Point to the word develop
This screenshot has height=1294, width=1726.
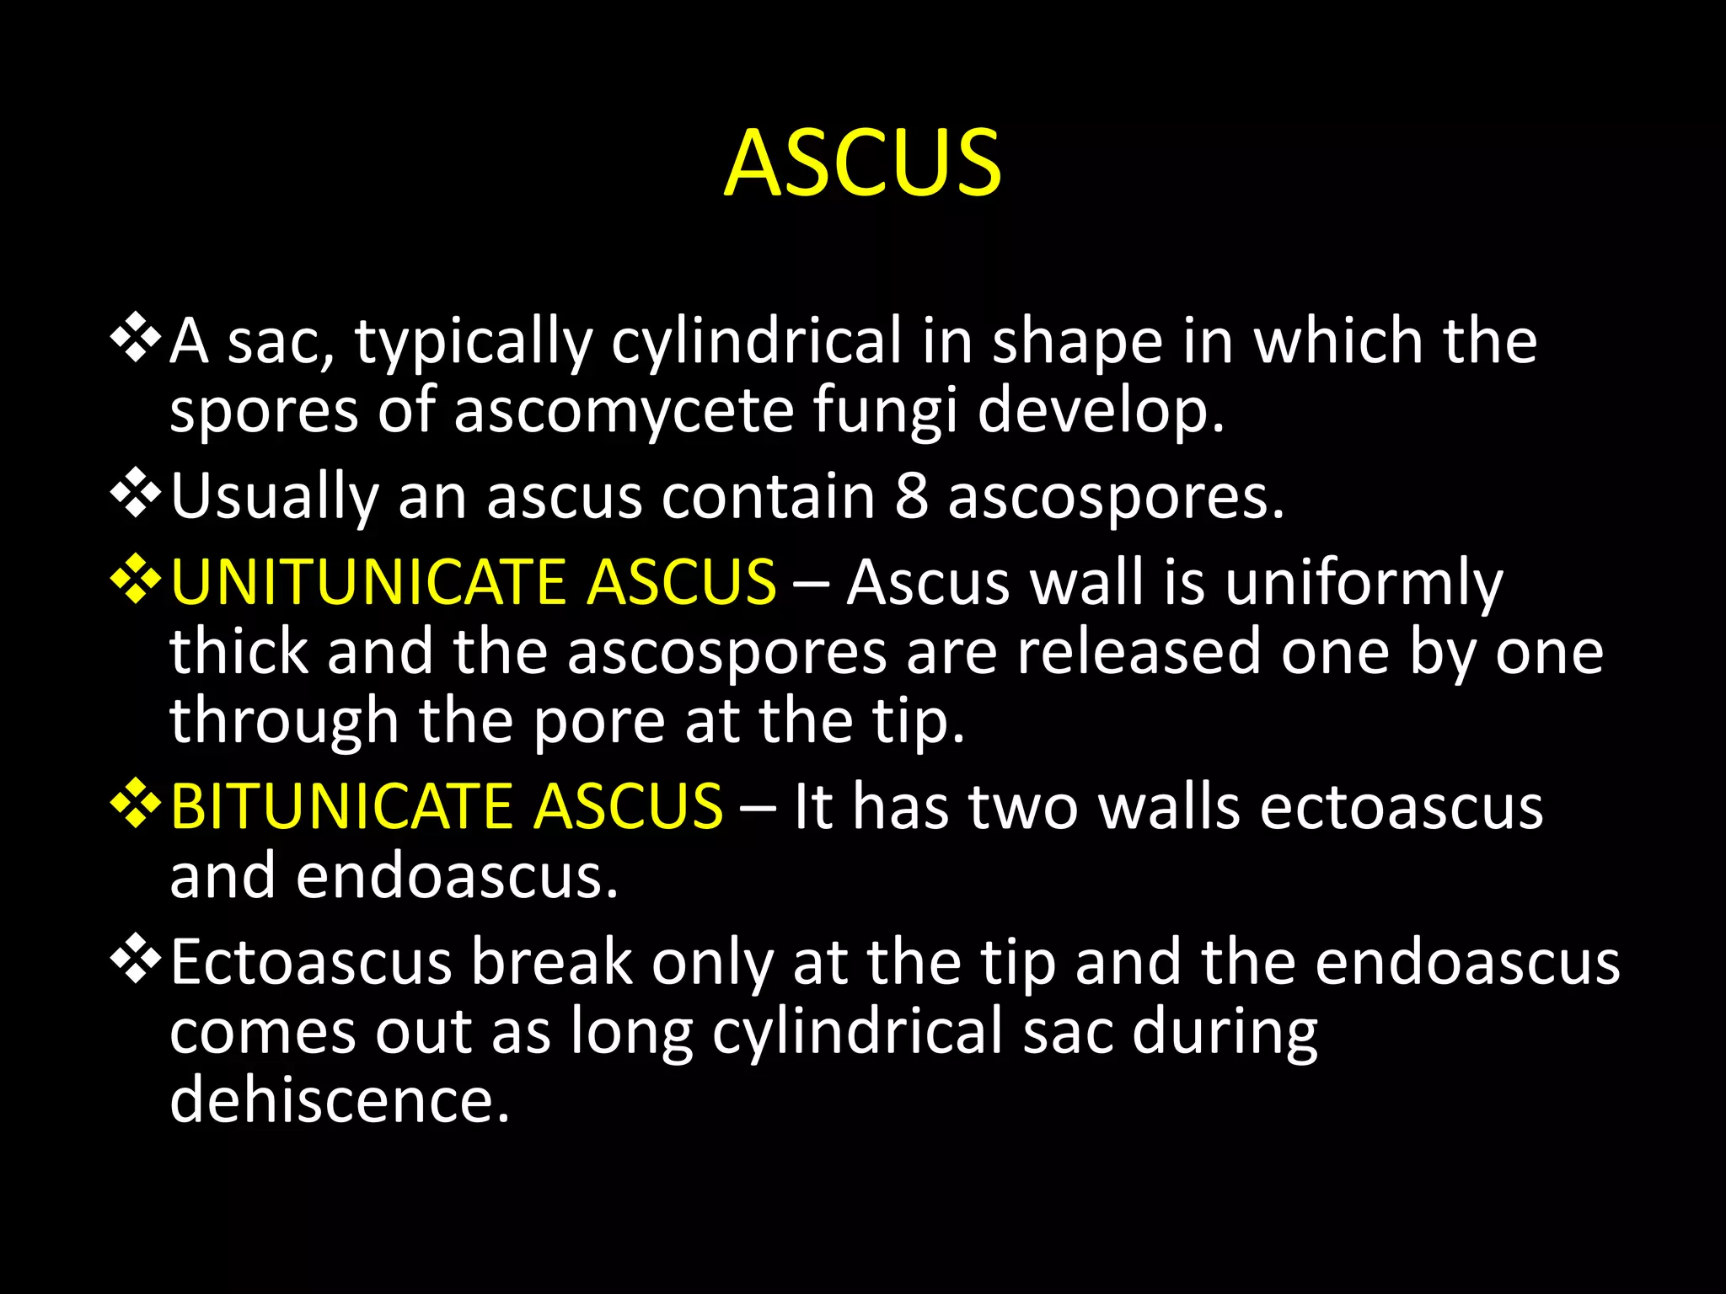point(1101,413)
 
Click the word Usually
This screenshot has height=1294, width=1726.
point(275,497)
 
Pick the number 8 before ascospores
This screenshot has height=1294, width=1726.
point(911,496)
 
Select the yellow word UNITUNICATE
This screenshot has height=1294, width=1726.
point(367,582)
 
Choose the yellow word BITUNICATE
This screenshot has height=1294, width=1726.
point(341,806)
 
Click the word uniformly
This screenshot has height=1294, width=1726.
point(1364,584)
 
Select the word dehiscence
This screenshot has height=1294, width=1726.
point(340,1099)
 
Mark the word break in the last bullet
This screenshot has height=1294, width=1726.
point(552,962)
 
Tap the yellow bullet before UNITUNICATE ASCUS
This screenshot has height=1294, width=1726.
point(136,579)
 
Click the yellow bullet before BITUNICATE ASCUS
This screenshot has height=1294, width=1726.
point(136,803)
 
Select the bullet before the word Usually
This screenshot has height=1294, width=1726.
point(136,493)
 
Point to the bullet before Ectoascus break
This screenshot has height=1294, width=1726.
point(136,960)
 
